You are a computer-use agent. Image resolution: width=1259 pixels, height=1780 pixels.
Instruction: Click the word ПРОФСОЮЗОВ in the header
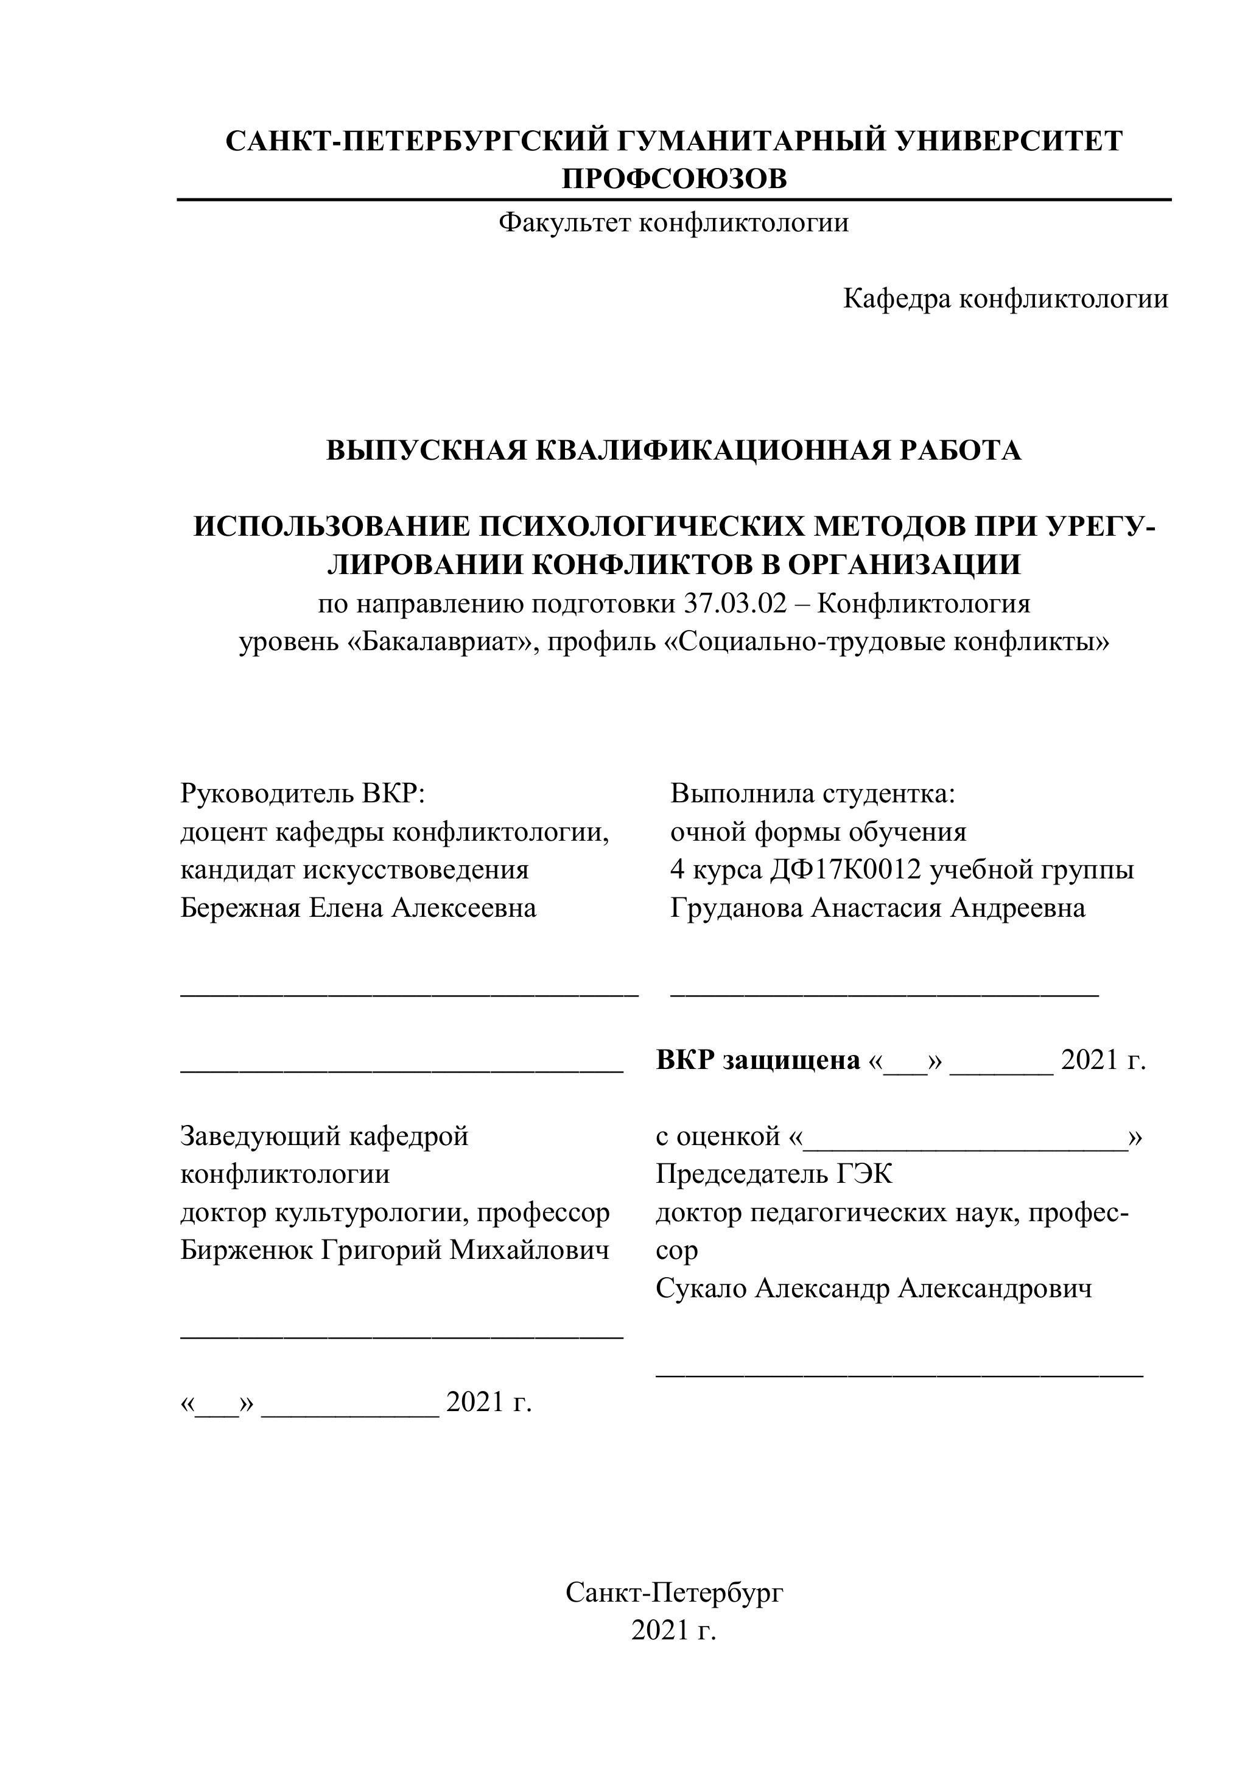click(674, 179)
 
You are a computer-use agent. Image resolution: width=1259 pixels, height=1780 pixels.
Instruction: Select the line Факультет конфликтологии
click(673, 223)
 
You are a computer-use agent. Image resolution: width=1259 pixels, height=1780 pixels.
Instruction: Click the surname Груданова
click(737, 908)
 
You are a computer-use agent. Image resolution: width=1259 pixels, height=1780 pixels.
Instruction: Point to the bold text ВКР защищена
click(757, 1060)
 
